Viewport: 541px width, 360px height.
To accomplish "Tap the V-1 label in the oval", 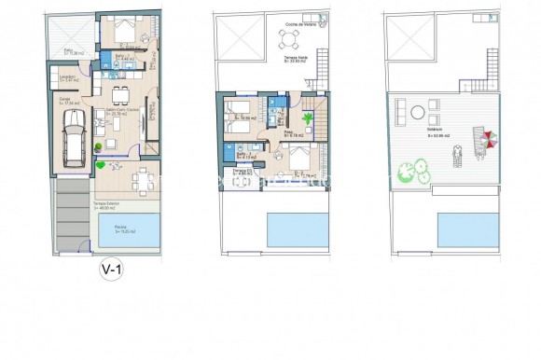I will (112, 271).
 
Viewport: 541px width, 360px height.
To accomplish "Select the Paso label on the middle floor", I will (289, 132).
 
